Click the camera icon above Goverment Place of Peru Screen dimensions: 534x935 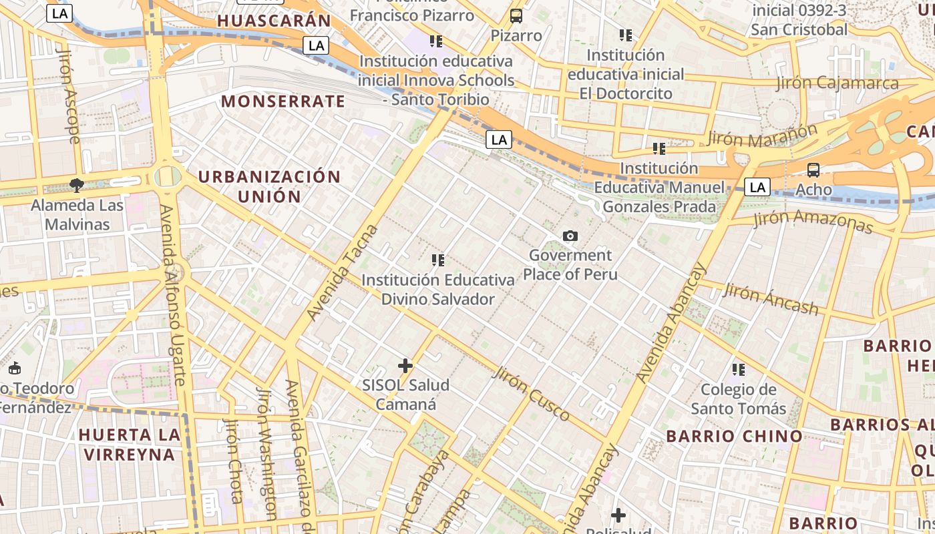coord(570,236)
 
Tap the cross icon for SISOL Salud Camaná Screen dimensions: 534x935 coord(405,366)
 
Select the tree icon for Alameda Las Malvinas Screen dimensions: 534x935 coord(77,185)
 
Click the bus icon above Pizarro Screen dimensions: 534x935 coord(516,16)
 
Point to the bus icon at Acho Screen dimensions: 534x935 coord(813,170)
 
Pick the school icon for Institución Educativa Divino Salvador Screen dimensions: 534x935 coord(438,260)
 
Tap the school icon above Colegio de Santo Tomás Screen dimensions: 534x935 coord(738,369)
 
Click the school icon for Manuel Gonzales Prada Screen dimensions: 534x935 coord(659,148)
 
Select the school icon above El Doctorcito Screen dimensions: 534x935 coord(625,35)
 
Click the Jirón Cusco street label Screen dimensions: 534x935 coord(532,394)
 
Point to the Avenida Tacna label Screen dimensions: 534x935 coord(342,272)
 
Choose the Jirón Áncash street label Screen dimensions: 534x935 coord(771,298)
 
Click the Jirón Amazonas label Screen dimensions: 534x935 coord(813,222)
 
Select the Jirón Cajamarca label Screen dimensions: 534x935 coord(837,84)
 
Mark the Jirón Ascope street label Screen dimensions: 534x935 coord(69,94)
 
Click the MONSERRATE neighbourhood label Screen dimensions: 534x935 coord(283,101)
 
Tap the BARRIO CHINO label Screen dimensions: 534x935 coord(735,437)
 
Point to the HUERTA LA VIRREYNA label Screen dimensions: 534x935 coord(129,445)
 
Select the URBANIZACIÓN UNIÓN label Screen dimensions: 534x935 coord(269,186)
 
